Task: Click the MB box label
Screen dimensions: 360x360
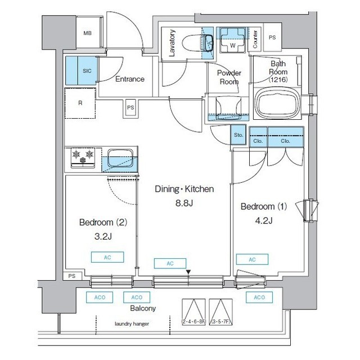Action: tap(87, 33)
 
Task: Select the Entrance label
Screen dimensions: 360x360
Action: tap(129, 79)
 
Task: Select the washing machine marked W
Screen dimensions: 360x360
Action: tap(231, 40)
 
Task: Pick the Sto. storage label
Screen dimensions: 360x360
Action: tap(237, 135)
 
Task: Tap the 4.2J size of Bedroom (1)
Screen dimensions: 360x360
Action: tap(263, 220)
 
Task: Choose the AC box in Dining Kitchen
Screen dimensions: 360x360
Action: tap(169, 263)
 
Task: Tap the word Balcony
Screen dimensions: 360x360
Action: tap(143, 308)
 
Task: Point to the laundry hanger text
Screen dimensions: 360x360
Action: tap(132, 324)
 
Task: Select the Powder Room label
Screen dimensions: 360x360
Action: tap(229, 77)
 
